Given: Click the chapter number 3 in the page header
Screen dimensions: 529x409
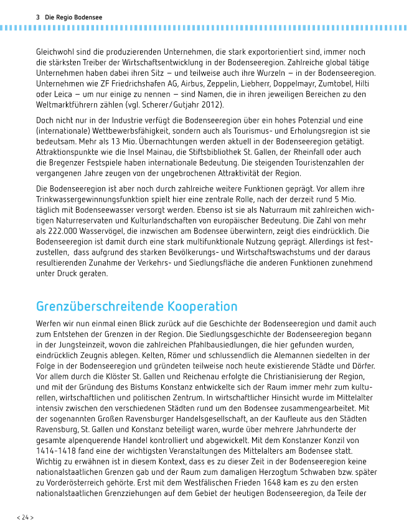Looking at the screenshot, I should click(38, 16).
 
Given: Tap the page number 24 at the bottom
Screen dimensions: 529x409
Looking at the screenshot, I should click(25, 517).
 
